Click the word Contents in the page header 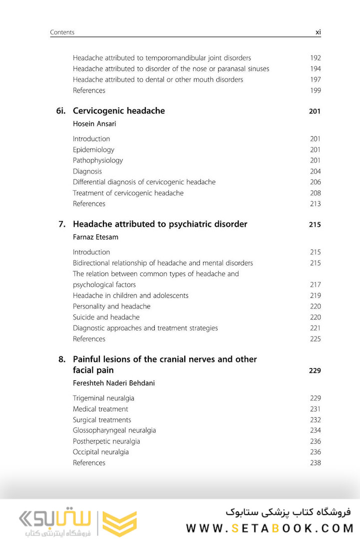[62, 32]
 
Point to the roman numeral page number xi [318, 32]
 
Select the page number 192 [315, 58]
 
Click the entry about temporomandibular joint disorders [162, 58]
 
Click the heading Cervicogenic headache [119, 111]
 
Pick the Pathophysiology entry [98, 160]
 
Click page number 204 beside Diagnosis [315, 171]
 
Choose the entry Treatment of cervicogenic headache [128, 193]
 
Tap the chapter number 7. [62, 224]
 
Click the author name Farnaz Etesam [95, 238]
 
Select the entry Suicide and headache [106, 317]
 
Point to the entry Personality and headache [111, 306]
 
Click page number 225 [315, 339]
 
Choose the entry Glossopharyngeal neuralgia [114, 430]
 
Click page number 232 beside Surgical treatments [315, 420]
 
